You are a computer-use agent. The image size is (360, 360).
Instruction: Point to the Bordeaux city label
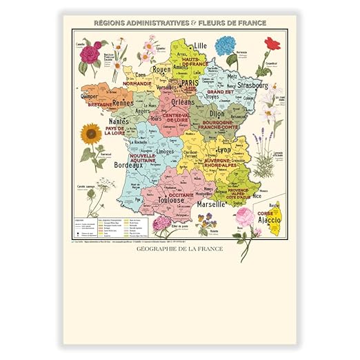[128, 166]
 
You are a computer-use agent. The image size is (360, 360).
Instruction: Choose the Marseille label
[212, 205]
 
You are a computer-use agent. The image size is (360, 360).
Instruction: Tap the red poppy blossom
[272, 43]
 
